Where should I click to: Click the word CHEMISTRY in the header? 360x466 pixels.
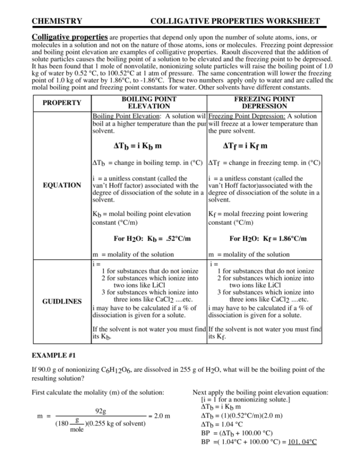click(56, 21)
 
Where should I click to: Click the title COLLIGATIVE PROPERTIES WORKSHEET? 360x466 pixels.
click(235, 21)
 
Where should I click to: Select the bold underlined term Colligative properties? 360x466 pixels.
click(70, 37)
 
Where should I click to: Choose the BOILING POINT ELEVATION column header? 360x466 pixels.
click(149, 103)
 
